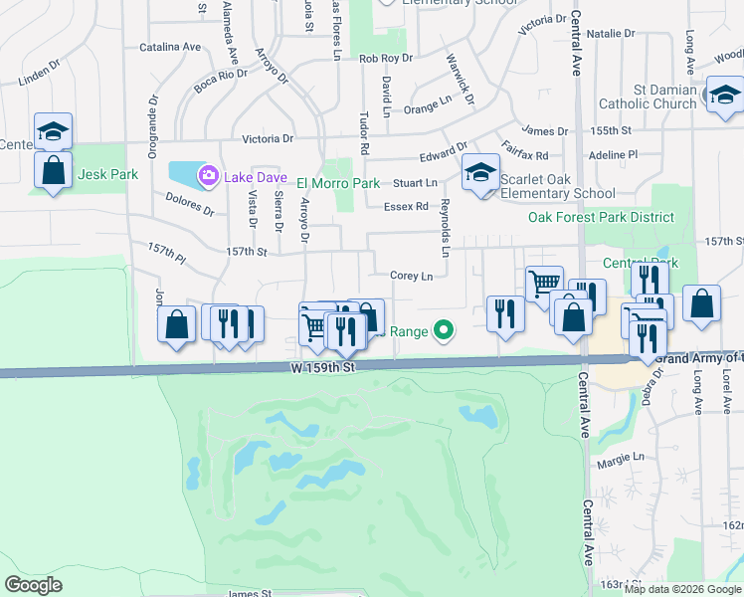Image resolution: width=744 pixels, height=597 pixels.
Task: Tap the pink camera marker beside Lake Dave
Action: point(209,177)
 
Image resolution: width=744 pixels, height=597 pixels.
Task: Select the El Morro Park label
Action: point(338,184)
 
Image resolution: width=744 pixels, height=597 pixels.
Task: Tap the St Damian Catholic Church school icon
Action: point(723,95)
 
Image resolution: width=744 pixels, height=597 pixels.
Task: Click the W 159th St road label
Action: point(323,368)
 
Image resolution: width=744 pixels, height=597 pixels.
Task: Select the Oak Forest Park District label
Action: point(601,217)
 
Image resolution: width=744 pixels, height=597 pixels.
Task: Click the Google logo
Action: point(34,585)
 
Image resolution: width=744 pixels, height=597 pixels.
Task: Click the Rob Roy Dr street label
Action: point(385,60)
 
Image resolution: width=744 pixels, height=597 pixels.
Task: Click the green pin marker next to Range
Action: point(444,331)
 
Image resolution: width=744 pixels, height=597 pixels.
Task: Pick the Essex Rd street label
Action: point(406,207)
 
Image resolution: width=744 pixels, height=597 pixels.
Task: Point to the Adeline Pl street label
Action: point(613,155)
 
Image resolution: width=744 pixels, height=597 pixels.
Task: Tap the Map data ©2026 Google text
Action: point(681,588)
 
